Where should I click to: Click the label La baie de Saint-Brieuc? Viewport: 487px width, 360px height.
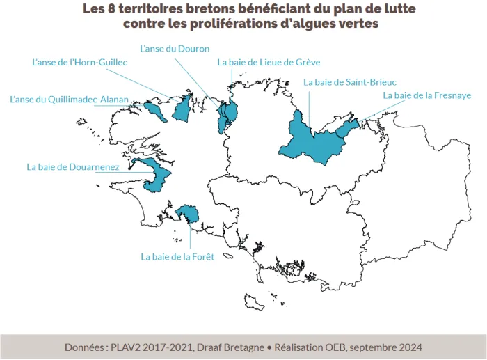click(350, 82)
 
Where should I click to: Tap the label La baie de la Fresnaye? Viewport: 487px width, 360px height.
click(427, 95)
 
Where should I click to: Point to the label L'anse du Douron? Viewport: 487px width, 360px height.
click(175, 49)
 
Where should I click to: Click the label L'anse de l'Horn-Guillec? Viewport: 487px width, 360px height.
click(80, 62)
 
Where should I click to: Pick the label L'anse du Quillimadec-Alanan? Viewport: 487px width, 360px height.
click(69, 100)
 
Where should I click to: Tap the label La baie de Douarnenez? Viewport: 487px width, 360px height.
click(73, 167)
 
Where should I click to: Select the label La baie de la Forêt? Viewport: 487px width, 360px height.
click(177, 256)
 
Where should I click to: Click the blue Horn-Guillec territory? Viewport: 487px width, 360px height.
click(182, 109)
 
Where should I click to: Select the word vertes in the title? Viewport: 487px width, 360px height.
click(356, 24)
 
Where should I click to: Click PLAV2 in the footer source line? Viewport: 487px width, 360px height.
click(130, 347)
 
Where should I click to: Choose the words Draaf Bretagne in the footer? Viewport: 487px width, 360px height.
click(228, 347)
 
